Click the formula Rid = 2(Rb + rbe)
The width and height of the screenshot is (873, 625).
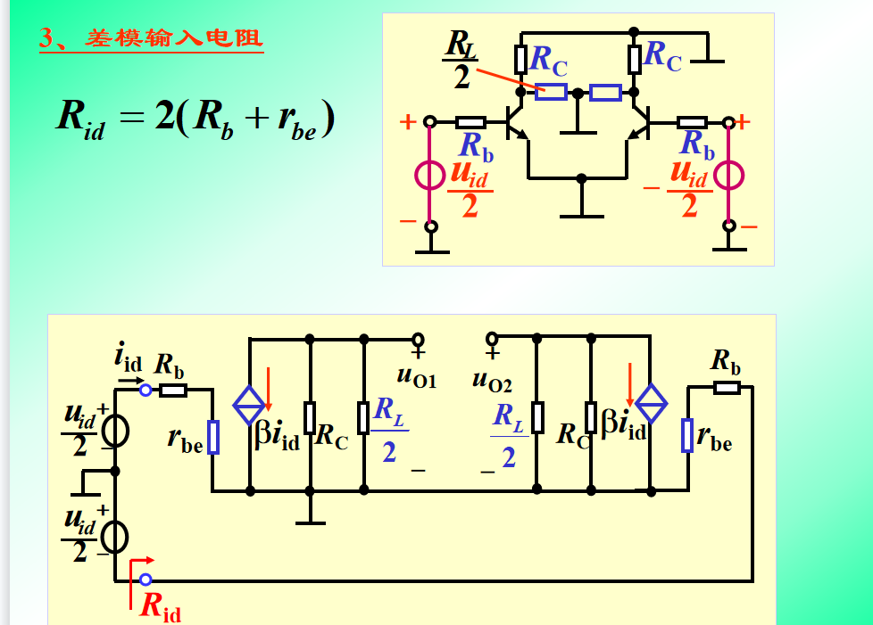point(195,117)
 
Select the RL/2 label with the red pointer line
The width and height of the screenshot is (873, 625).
point(461,60)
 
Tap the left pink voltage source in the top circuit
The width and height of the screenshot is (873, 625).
point(430,175)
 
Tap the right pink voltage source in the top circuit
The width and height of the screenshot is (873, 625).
point(729,175)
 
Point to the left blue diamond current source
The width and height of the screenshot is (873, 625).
point(249,405)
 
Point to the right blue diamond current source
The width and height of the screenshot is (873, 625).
point(652,406)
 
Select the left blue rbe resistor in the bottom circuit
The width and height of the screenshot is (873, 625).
point(213,437)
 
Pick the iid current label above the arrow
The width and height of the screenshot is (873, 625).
point(129,358)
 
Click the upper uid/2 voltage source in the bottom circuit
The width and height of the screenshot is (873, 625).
point(115,431)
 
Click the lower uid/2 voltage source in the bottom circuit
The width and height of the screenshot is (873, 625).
point(115,537)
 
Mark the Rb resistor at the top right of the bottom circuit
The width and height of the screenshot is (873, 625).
point(727,387)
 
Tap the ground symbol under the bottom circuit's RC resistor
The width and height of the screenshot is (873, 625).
point(310,520)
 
